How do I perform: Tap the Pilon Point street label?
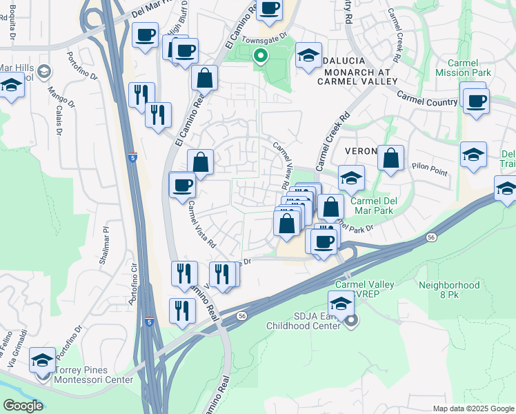coord(430,168)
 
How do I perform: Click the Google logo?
coord(22,406)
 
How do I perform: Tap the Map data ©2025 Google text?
coord(473,408)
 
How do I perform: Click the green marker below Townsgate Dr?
coord(261,56)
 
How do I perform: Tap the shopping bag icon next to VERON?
coord(390,158)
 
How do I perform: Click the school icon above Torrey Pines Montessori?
coord(43,360)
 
